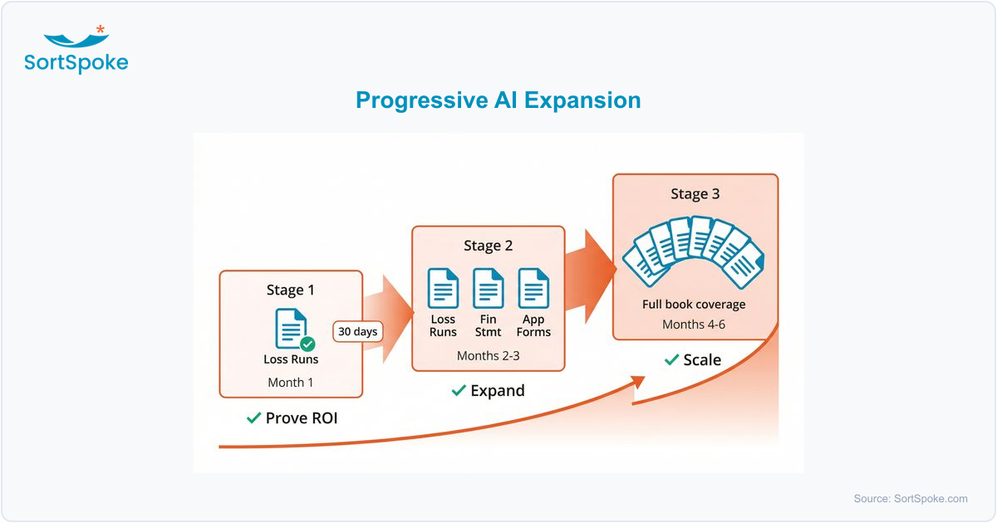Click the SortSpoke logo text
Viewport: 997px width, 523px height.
(76, 62)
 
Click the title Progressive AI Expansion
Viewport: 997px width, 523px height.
(498, 100)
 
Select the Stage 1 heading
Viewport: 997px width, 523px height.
(291, 290)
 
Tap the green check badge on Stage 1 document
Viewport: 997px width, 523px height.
(307, 344)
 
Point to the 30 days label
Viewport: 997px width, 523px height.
(358, 331)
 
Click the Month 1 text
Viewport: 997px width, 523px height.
(291, 383)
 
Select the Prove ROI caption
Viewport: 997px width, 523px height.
(301, 418)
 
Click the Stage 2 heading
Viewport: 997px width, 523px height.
(489, 246)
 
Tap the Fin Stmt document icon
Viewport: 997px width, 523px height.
(489, 288)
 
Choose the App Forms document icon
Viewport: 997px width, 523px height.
(533, 288)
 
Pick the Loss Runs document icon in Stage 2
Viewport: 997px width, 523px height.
(443, 288)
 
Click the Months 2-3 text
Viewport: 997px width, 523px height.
(489, 355)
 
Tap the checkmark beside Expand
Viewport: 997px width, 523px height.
(458, 390)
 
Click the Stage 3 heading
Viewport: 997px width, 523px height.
(695, 194)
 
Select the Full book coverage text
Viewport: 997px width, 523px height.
(694, 304)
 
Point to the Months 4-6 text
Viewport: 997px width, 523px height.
(694, 324)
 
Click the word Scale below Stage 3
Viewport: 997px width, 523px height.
(702, 359)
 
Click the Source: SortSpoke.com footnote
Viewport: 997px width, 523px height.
(911, 499)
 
